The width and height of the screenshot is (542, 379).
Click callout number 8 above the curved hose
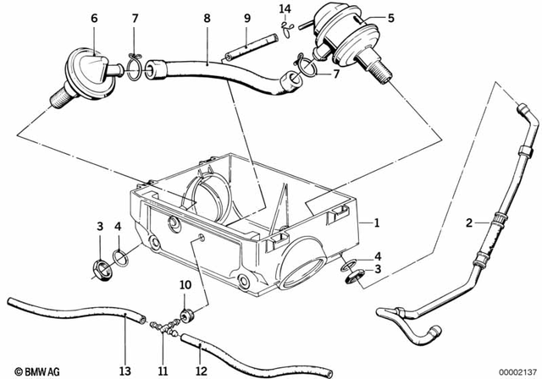[206, 18]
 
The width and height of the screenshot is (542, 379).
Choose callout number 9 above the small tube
[247, 18]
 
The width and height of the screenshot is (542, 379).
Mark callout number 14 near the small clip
[285, 9]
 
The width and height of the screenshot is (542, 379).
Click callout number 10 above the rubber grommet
[185, 286]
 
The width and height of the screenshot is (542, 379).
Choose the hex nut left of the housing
[98, 270]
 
